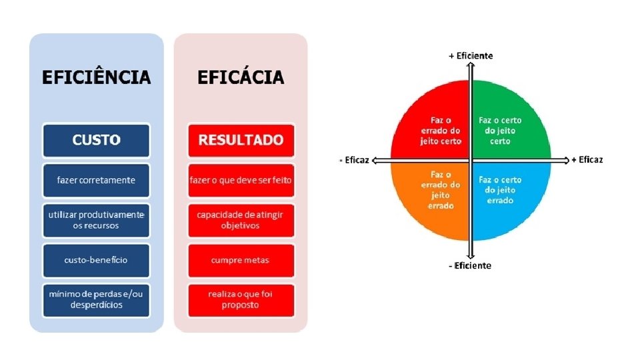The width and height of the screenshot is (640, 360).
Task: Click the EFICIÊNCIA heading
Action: tap(97, 77)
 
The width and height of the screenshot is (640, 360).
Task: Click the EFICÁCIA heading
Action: tap(241, 77)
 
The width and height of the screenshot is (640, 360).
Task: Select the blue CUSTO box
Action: tap(97, 140)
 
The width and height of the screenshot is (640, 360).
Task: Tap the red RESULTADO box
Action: tap(241, 140)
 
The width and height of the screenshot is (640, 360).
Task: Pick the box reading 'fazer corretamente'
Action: tap(97, 180)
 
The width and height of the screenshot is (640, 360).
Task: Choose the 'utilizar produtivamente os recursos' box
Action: tap(97, 220)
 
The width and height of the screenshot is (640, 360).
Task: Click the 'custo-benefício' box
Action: tap(97, 259)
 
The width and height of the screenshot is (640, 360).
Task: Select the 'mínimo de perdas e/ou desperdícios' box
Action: tap(97, 299)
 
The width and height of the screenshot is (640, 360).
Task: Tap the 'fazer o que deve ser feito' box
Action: tap(241, 180)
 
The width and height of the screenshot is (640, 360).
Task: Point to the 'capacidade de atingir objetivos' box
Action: tap(241, 220)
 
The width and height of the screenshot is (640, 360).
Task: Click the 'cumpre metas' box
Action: tap(241, 259)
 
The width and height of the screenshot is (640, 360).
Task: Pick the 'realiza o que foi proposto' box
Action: tap(241, 299)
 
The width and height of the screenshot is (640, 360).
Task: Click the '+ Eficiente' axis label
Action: tap(471, 56)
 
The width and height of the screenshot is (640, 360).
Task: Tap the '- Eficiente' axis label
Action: tap(471, 265)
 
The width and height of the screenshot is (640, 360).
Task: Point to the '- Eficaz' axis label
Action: tap(355, 160)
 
